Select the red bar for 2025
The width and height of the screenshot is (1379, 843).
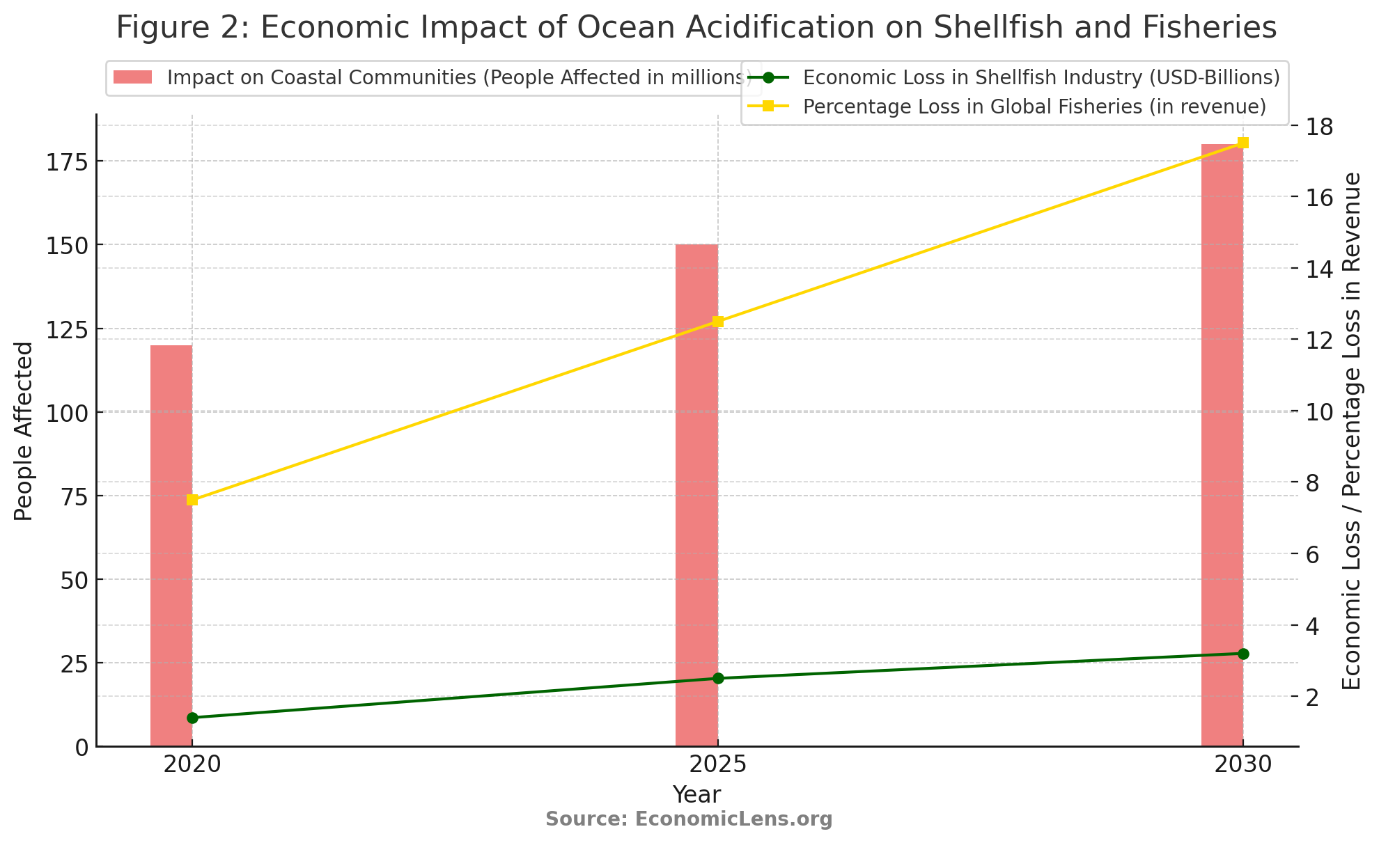pyautogui.click(x=696, y=495)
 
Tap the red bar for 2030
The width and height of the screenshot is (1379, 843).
pyautogui.click(x=1222, y=446)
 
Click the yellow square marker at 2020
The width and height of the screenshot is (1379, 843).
pyautogui.click(x=192, y=500)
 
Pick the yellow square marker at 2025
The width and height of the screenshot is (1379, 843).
pyautogui.click(x=718, y=322)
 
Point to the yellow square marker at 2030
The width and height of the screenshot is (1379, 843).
pyautogui.click(x=1243, y=143)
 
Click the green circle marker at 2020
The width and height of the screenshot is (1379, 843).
pyautogui.click(x=192, y=718)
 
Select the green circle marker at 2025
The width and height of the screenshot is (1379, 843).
pyautogui.click(x=718, y=679)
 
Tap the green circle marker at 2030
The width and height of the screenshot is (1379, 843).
pyautogui.click(x=1243, y=654)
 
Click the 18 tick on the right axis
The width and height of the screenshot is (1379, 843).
pyautogui.click(x=1320, y=127)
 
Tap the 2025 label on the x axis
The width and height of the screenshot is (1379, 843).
pyautogui.click(x=718, y=765)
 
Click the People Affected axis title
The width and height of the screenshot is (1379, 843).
pyautogui.click(x=24, y=431)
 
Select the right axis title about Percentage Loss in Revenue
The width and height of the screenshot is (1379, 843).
pyautogui.click(x=1350, y=431)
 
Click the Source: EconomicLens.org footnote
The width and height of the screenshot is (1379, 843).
pyautogui.click(x=689, y=819)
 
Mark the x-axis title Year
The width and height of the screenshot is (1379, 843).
pyautogui.click(x=696, y=794)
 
